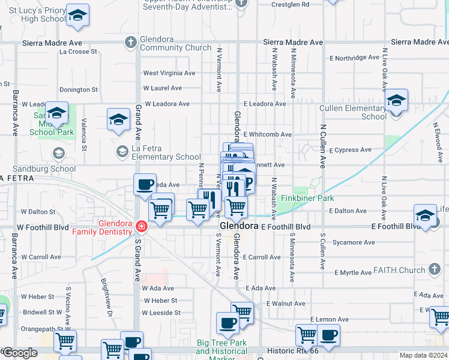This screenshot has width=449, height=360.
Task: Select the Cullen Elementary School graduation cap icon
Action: click(x=396, y=100)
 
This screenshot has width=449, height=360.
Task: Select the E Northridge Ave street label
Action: click(x=355, y=58)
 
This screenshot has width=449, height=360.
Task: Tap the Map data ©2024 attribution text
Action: click(x=423, y=355)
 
